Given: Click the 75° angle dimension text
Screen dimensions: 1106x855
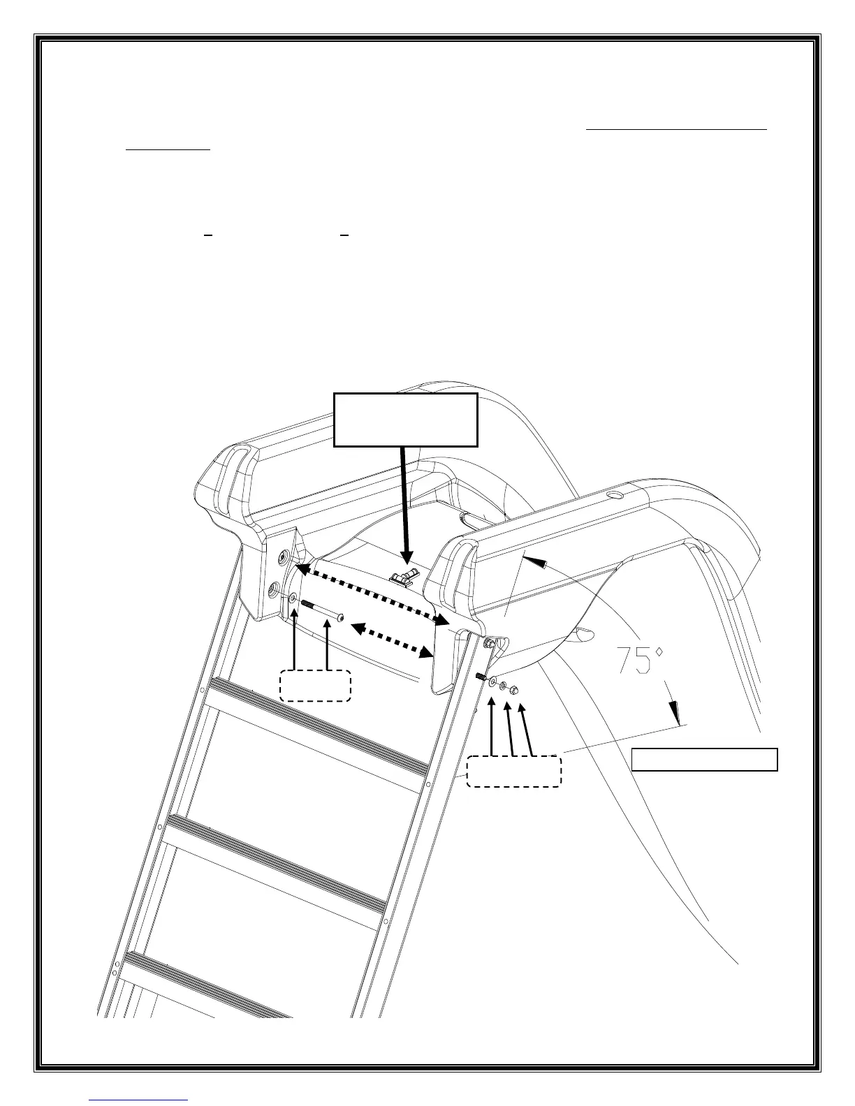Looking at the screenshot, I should (639, 660).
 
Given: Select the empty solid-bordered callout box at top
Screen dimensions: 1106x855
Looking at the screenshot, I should (405, 420).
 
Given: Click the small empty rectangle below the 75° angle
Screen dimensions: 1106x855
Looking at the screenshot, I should (704, 760).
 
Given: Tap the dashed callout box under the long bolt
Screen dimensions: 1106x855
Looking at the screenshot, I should (315, 685).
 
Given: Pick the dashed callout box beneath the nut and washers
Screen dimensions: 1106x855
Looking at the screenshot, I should (513, 770).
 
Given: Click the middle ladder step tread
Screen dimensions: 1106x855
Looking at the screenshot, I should (275, 862).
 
